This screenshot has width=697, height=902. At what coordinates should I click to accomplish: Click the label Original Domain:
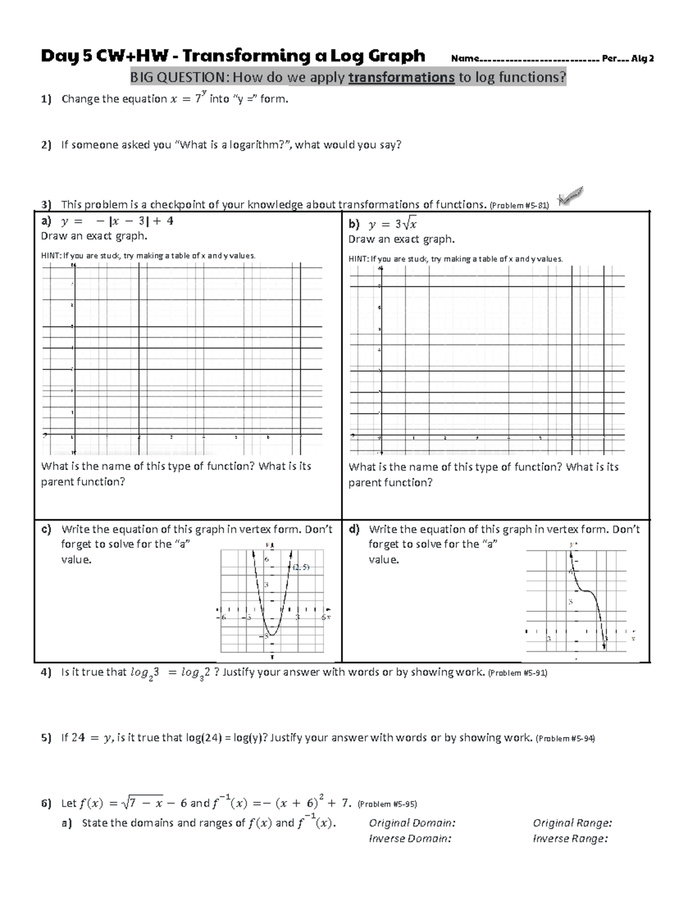tap(412, 823)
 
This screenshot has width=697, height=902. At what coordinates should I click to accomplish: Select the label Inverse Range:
tap(570, 839)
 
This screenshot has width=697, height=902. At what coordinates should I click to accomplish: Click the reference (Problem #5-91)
tap(518, 673)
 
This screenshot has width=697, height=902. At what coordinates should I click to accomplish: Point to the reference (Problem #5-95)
tap(387, 804)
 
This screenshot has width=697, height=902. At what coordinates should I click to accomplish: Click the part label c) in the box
tap(46, 529)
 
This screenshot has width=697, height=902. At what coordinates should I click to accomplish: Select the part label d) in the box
tap(354, 529)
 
